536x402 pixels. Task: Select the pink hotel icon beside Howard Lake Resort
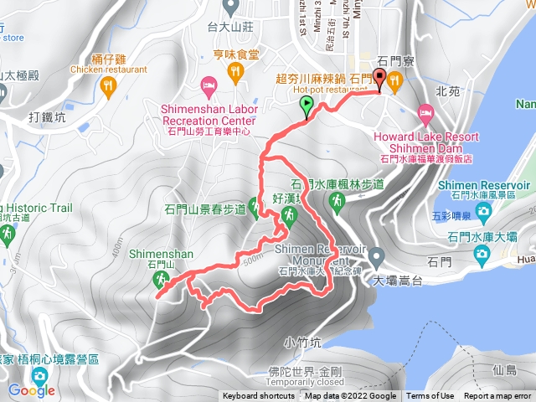click(425, 112)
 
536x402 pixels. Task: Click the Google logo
click(32, 390)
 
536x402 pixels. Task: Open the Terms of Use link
click(430, 396)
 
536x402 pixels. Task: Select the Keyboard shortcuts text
click(259, 396)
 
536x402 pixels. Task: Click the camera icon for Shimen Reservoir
click(483, 213)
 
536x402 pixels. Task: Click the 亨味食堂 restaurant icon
click(235, 73)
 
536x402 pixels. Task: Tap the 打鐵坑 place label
click(47, 116)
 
